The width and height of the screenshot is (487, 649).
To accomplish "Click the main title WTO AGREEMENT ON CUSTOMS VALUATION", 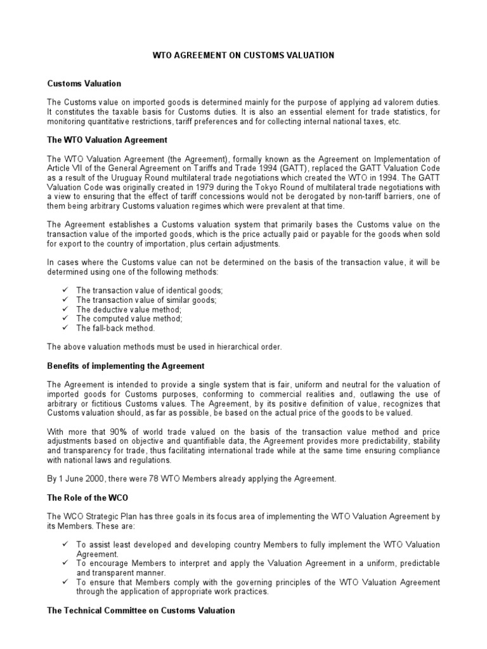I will pos(243,56).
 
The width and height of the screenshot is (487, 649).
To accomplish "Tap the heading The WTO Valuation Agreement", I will pos(107,139).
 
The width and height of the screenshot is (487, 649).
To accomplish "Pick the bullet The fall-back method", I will pos(115,328).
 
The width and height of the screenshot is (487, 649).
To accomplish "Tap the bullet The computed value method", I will pos(129,319).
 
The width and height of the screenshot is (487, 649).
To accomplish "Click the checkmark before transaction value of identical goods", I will pos(65,290).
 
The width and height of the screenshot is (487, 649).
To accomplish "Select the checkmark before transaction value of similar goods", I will pos(65,300).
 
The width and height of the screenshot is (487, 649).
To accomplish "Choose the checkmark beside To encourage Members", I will pos(65,563).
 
